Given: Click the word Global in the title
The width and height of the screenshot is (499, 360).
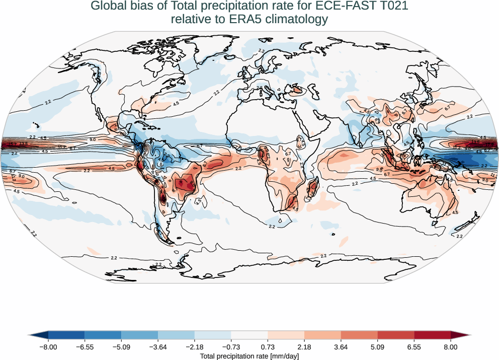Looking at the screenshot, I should coord(107,7).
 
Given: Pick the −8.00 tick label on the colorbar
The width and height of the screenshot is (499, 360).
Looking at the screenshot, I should coord(48,347).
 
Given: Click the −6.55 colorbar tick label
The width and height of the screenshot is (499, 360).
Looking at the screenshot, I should coord(85,347).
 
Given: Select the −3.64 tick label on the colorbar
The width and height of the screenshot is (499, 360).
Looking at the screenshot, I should coord(158,347).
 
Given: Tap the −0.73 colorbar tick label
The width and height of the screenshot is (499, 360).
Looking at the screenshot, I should coord(231,347).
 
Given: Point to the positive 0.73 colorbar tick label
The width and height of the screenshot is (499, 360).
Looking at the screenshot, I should coord(268,347).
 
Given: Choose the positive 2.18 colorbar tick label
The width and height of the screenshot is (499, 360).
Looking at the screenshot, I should coord(304,347).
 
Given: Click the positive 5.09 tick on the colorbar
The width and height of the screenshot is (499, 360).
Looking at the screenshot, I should coord(377,347).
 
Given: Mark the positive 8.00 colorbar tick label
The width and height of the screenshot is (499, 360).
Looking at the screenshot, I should coord(451,347).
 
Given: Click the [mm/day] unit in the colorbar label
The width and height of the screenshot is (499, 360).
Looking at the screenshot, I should coord(284,356).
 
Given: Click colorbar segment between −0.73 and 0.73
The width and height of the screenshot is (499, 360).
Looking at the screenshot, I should coord(249,335).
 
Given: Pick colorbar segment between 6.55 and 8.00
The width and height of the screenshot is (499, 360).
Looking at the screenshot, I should coord(432,335).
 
